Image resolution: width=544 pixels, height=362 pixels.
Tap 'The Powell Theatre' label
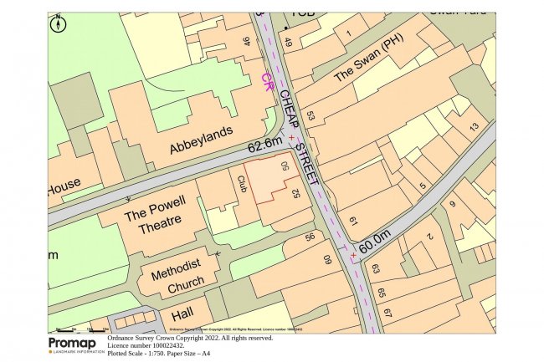[153, 222]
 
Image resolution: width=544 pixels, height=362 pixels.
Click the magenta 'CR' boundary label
[268, 82]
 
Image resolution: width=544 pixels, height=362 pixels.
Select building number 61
[352, 221]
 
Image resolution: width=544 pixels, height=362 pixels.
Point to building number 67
[387, 312]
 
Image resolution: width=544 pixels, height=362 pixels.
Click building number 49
[289, 43]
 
